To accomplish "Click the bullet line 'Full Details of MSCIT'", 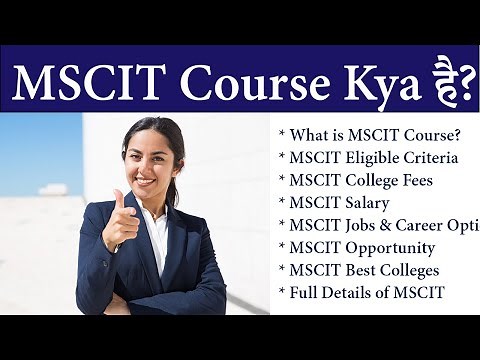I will click(364, 292).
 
